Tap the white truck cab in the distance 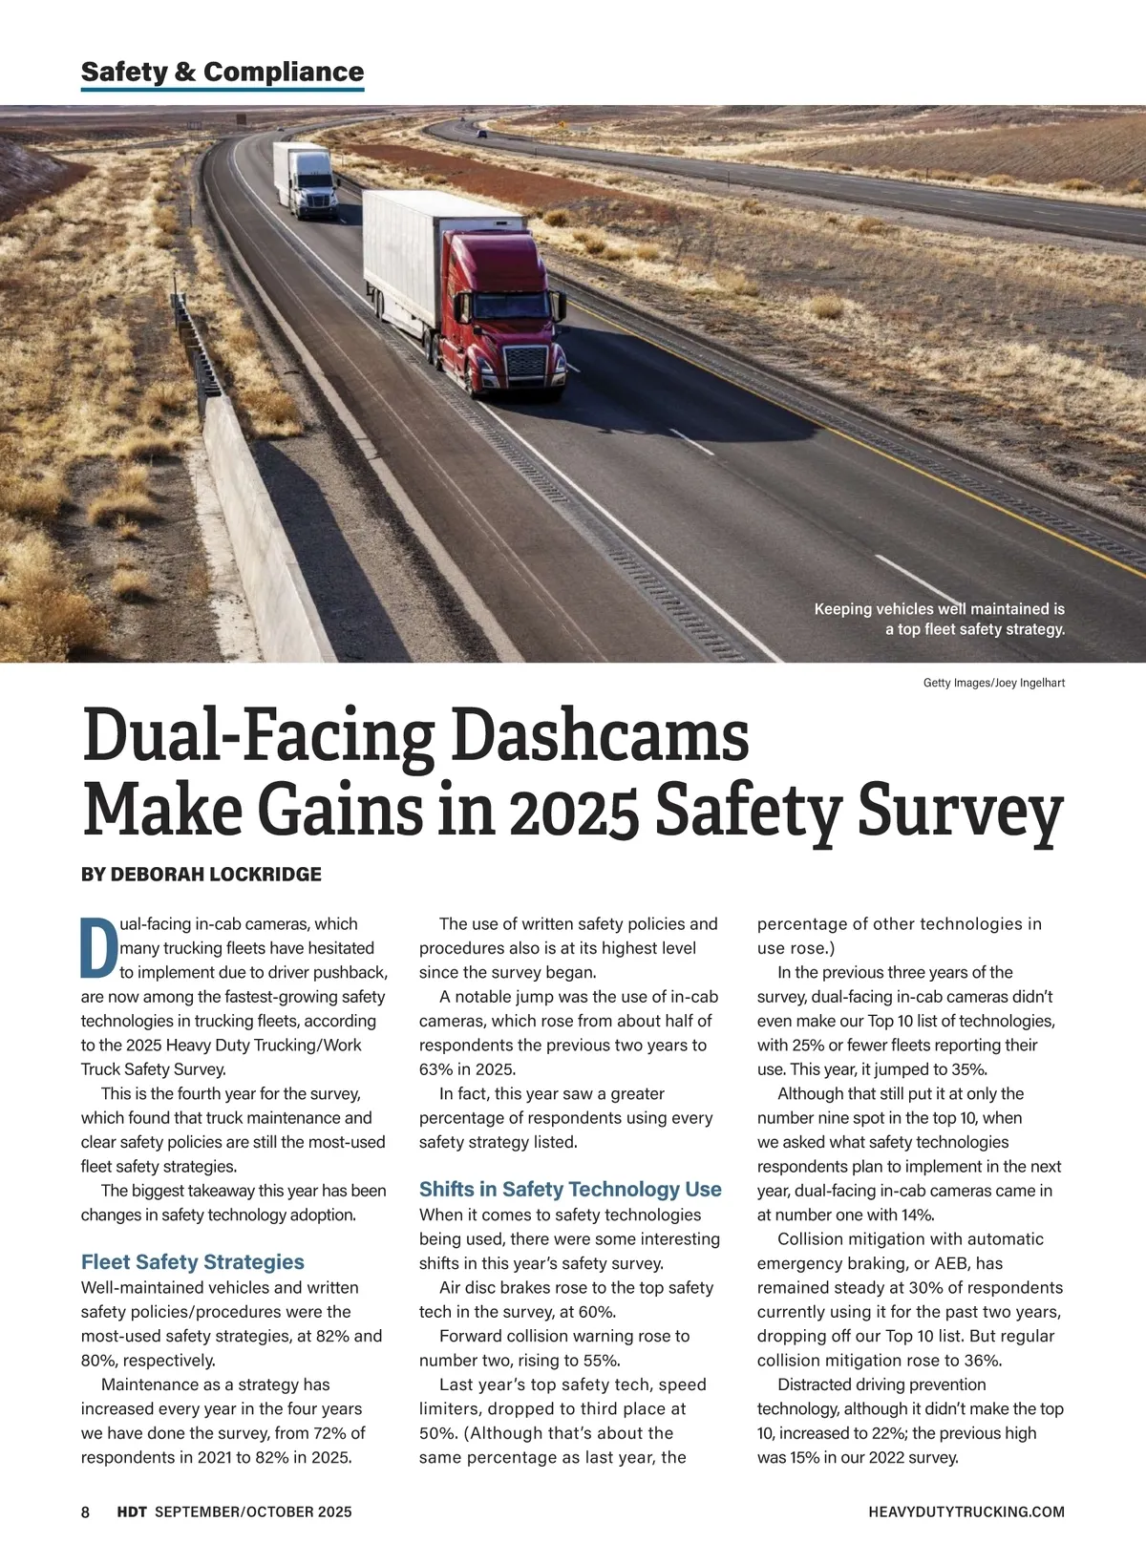point(314,187)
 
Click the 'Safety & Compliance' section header point(223,72)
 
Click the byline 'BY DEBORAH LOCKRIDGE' point(202,874)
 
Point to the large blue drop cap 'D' point(98,948)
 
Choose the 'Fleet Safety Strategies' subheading point(193,1262)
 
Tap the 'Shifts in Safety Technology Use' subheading point(570,1190)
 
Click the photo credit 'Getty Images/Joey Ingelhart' point(993,683)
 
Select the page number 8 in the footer point(85,1511)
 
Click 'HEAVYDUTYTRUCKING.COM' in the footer point(966,1511)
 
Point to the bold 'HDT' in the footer point(132,1511)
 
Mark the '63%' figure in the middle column point(436,1069)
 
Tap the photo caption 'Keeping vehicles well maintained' point(939,609)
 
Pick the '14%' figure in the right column point(916,1215)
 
